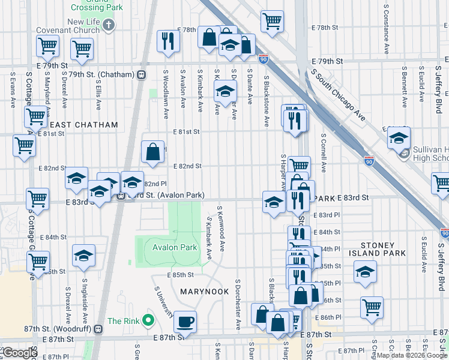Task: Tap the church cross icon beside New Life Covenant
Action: pos(108,25)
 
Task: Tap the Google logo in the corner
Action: pos(19,353)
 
